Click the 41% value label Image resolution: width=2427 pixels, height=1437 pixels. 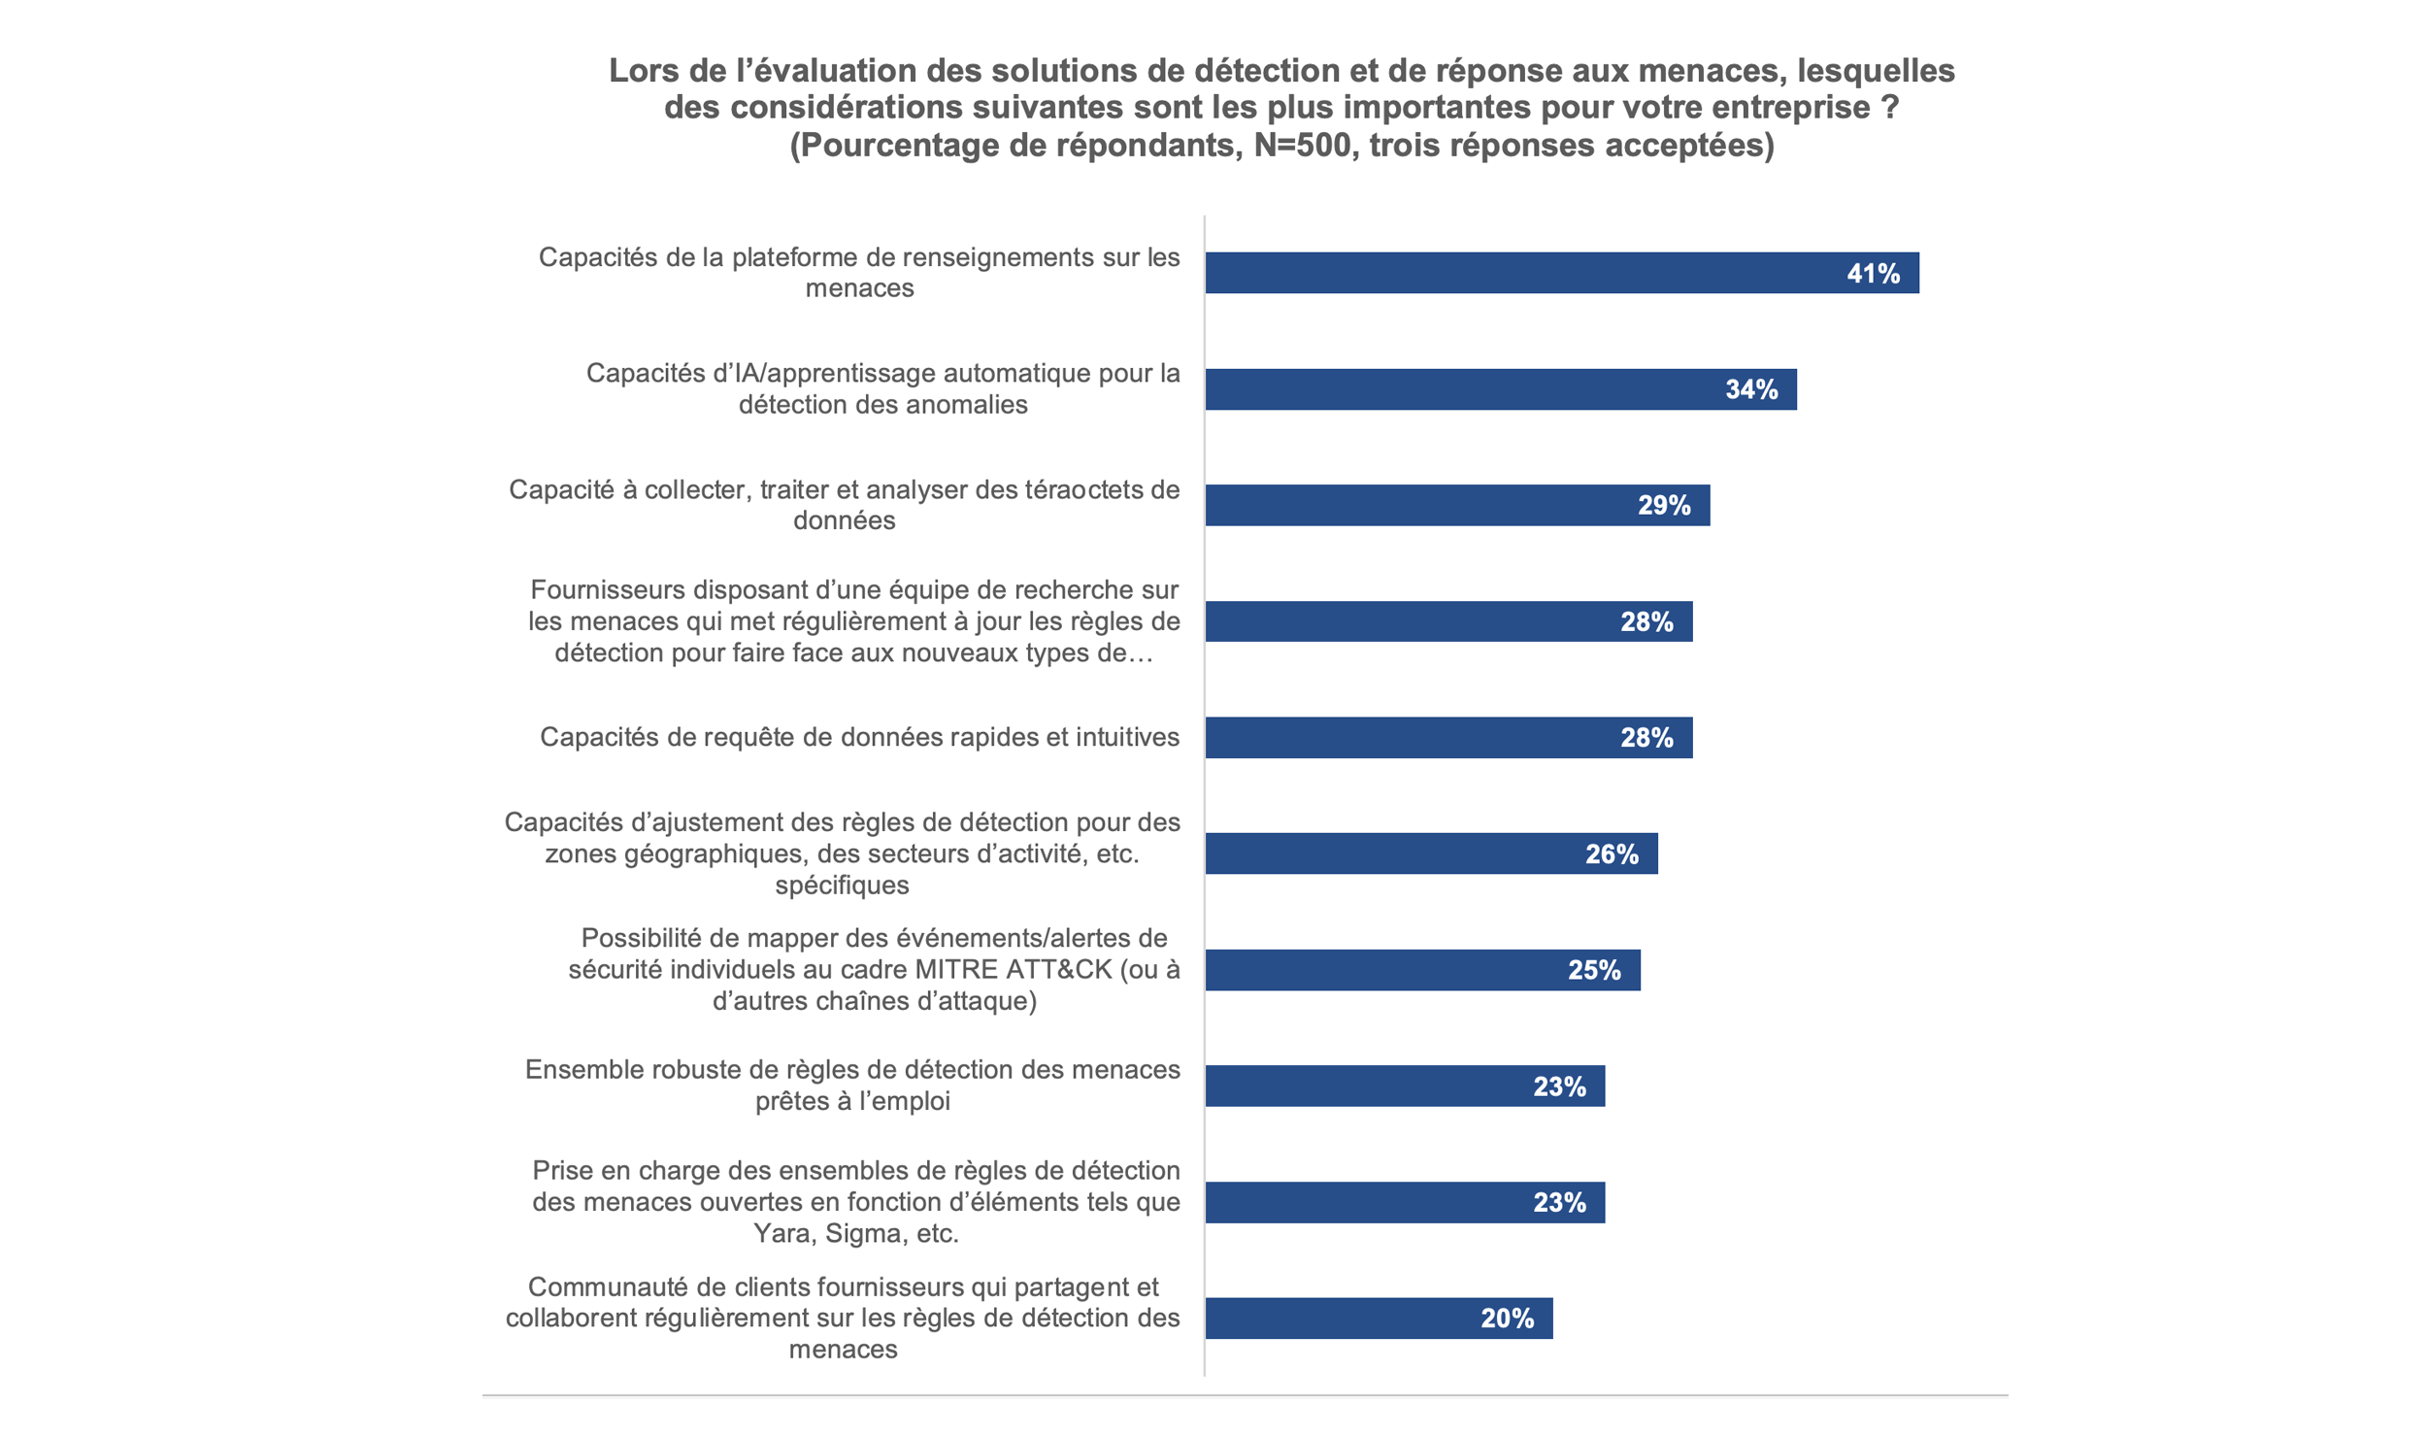pyautogui.click(x=1873, y=274)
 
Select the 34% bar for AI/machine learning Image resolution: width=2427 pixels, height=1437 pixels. pyautogui.click(x=1456, y=389)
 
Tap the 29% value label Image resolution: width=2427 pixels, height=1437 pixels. pyautogui.click(x=1664, y=506)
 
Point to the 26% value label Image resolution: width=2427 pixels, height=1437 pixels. pyautogui.click(x=1612, y=854)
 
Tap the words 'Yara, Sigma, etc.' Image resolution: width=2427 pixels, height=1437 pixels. pyautogui.click(x=856, y=1233)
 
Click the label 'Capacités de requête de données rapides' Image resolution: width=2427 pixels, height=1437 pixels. pyautogui.click(x=859, y=737)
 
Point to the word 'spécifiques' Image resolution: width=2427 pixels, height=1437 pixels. pyautogui.click(x=842, y=886)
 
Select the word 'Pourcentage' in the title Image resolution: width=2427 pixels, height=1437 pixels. pyautogui.click(x=909, y=145)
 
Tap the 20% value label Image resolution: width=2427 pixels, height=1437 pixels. pyautogui.click(x=1507, y=1319)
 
